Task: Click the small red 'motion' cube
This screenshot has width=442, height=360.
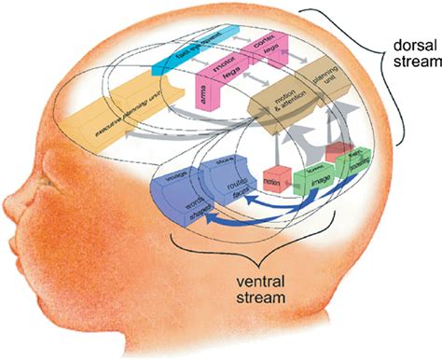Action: [x=273, y=178]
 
